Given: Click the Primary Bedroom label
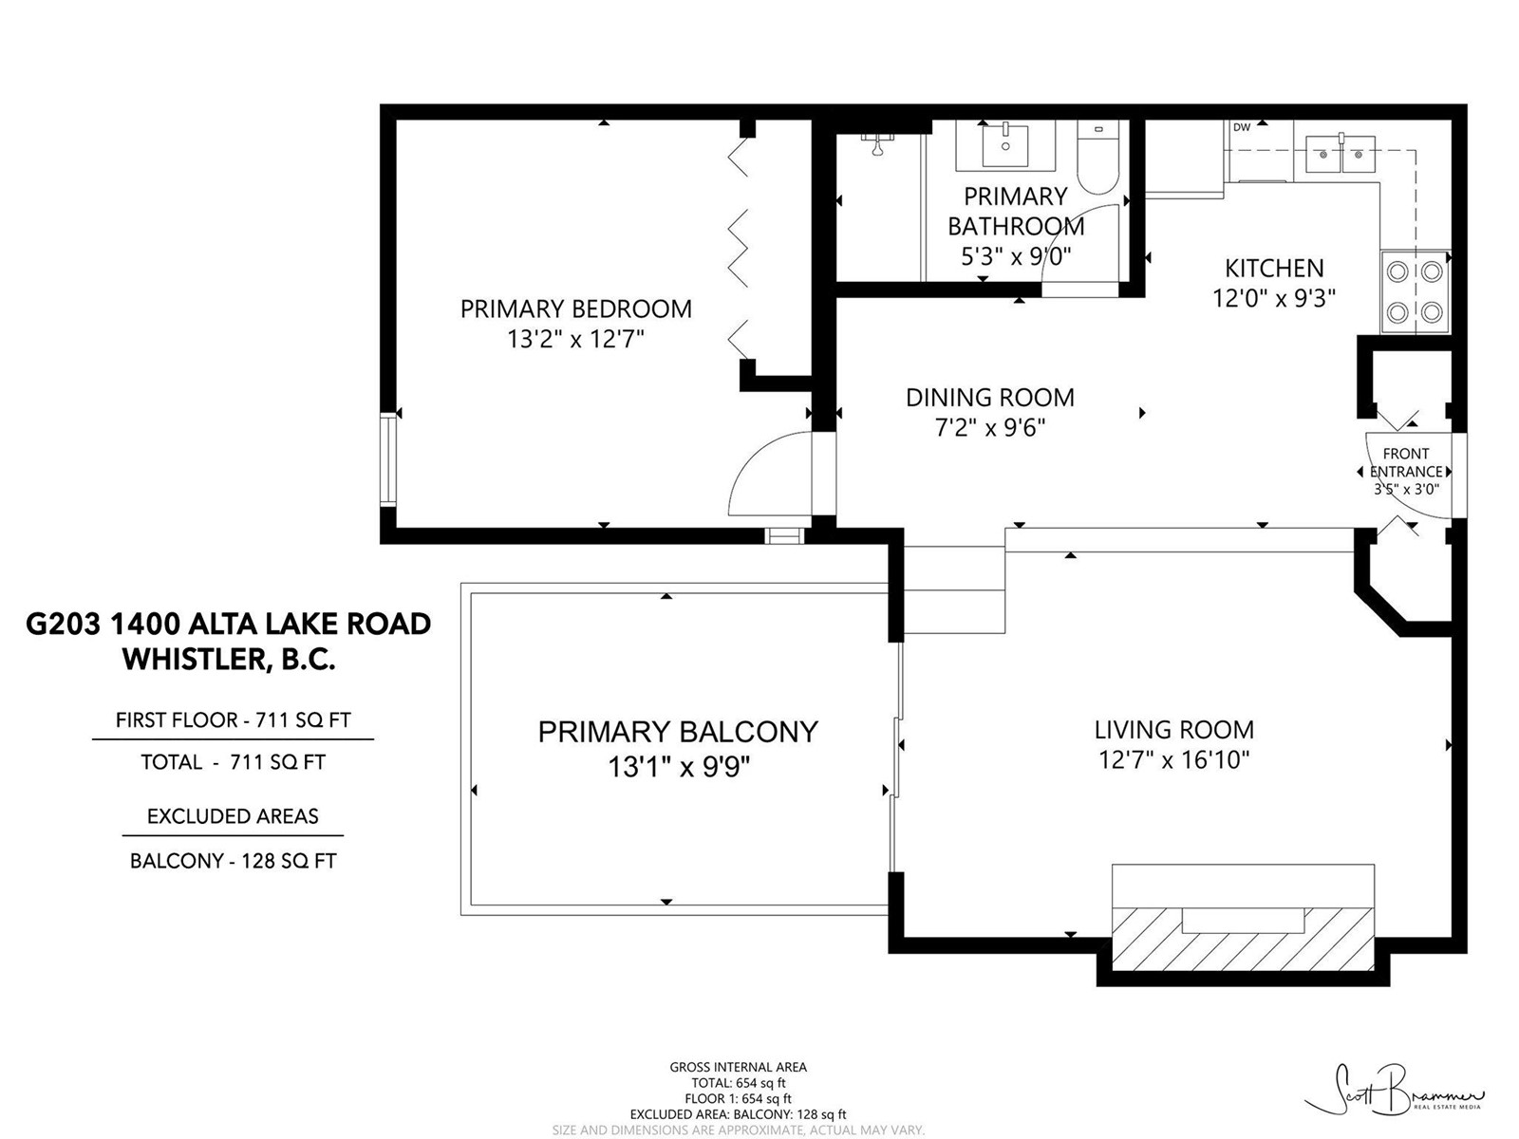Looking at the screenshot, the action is click(575, 308).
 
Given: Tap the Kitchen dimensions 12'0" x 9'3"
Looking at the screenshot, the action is click(1273, 298).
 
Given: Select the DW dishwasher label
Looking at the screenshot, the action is click(1242, 127).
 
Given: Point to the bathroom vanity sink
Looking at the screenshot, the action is click(1005, 145).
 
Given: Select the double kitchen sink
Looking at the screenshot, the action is click(1340, 154).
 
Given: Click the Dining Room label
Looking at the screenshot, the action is click(989, 398).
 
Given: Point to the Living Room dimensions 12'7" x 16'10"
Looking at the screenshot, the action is click(1173, 760).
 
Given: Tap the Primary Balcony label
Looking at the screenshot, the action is click(678, 732).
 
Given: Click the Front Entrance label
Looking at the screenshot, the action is click(1405, 462).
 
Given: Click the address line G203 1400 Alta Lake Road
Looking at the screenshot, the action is click(229, 624).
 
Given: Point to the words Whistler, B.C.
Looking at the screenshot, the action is click(229, 660).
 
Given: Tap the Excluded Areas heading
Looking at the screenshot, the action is click(233, 816).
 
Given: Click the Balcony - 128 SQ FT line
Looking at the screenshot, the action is click(234, 861).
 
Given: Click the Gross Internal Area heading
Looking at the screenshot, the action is click(738, 1067).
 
